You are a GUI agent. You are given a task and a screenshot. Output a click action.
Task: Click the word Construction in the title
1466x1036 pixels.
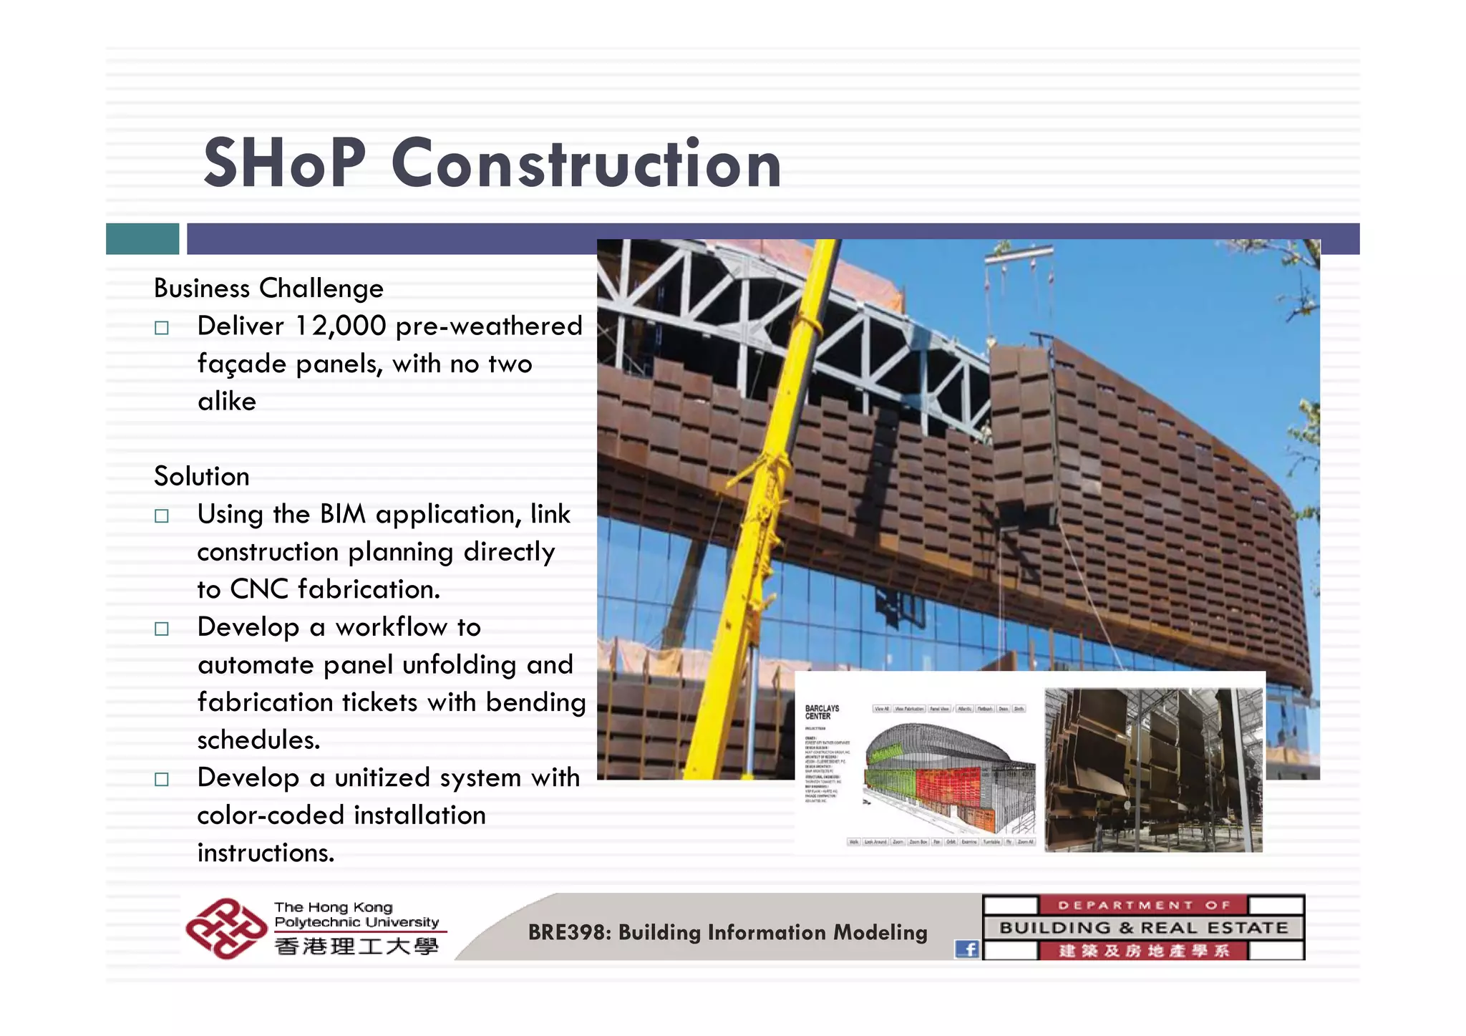pos(586,165)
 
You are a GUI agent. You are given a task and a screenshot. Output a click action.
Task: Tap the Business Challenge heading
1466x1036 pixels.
pos(268,289)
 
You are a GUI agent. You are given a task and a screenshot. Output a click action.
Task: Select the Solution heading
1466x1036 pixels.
pos(202,477)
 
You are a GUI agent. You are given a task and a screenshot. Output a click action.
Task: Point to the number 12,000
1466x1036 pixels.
pos(341,326)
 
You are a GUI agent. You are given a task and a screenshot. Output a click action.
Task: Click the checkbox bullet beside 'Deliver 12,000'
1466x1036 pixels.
pos(162,328)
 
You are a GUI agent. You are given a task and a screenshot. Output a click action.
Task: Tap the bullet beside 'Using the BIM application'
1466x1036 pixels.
pos(162,516)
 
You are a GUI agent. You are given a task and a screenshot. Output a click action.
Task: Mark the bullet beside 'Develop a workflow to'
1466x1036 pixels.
pos(162,629)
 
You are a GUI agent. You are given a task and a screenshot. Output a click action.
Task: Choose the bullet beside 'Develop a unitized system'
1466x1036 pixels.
pos(162,779)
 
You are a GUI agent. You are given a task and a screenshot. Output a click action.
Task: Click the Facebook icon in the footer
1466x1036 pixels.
pos(966,949)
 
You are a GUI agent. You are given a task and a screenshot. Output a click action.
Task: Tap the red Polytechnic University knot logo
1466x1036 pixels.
pos(225,929)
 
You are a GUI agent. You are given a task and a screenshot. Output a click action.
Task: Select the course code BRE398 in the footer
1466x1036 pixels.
pos(568,932)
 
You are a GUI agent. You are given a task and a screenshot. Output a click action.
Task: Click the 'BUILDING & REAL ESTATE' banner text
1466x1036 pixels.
pos(1143,928)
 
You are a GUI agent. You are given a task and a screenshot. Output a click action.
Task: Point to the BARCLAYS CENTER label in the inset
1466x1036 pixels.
pos(822,712)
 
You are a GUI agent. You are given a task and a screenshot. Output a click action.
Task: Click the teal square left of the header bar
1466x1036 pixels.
pos(142,238)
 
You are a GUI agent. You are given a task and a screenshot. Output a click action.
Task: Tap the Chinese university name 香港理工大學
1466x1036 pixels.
pos(356,947)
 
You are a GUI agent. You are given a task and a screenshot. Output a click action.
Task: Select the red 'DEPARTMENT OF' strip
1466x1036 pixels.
pos(1142,905)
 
